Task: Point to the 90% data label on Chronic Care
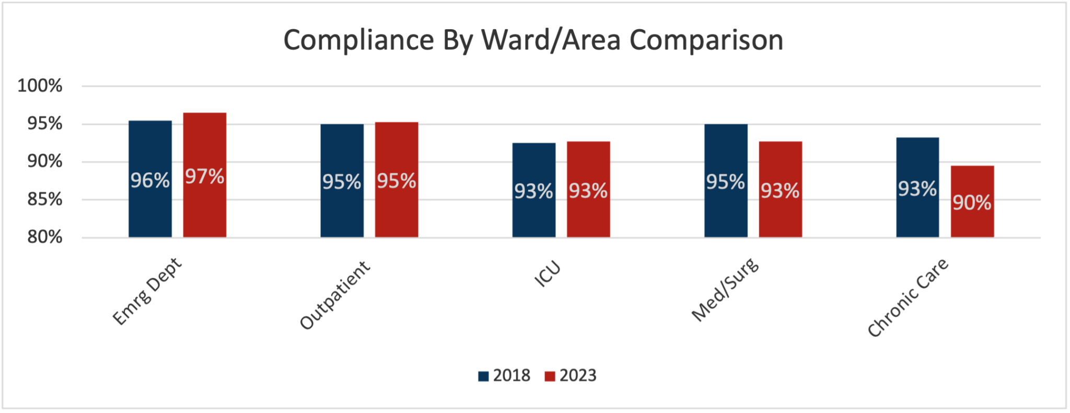pyautogui.click(x=972, y=203)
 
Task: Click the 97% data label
pyautogui.click(x=204, y=177)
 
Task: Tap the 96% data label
pyautogui.click(x=150, y=181)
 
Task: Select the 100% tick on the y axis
pyautogui.click(x=40, y=86)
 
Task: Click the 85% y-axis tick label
pyautogui.click(x=45, y=199)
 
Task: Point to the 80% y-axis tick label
pyautogui.click(x=45, y=238)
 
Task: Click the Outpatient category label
pyautogui.click(x=335, y=296)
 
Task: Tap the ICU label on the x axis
pyautogui.click(x=547, y=274)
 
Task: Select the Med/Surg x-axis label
pyautogui.click(x=725, y=290)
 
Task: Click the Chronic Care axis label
pyautogui.click(x=908, y=298)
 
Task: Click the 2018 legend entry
pyautogui.click(x=504, y=375)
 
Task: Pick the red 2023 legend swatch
pyautogui.click(x=550, y=376)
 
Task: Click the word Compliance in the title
pyautogui.click(x=358, y=40)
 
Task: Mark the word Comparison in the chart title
pyautogui.click(x=706, y=40)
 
